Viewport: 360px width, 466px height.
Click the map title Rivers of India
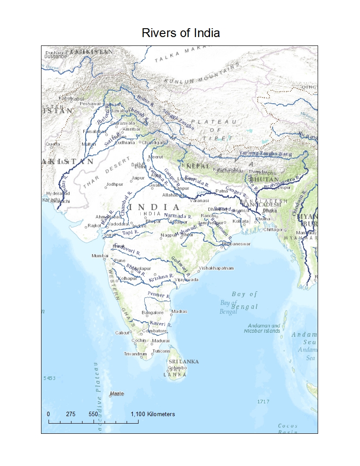[181, 33]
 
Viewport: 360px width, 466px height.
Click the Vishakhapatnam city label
[216, 268]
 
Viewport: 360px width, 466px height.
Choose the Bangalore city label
[152, 312]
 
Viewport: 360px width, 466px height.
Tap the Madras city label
[180, 312]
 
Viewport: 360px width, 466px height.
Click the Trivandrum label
[135, 354]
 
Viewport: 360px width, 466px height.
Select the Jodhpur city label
[115, 184]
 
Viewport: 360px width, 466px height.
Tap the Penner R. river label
[159, 294]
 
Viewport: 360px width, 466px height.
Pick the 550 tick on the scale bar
[93, 414]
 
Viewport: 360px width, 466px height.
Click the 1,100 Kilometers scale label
[153, 414]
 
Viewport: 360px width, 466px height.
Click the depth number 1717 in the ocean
[264, 402]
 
